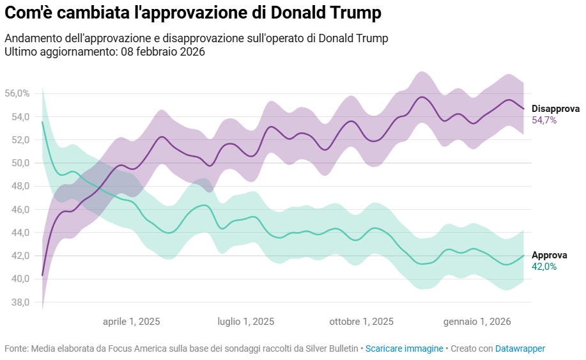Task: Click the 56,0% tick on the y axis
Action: (x=17, y=93)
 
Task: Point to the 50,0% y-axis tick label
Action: (x=17, y=163)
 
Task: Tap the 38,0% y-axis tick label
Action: (x=17, y=302)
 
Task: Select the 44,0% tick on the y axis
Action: (x=17, y=233)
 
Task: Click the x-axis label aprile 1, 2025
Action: (x=132, y=322)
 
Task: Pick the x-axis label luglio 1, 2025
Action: (x=246, y=322)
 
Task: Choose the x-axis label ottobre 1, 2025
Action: (x=362, y=322)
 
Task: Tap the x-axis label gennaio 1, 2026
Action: (x=477, y=322)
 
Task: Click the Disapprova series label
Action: (x=555, y=108)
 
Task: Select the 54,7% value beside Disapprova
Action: (x=544, y=120)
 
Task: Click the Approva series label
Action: (x=549, y=255)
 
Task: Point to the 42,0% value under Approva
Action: (x=544, y=267)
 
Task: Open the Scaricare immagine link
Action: (x=404, y=348)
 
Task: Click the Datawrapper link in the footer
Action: (x=520, y=348)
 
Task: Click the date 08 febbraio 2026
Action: (x=162, y=52)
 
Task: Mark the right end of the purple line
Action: (x=524, y=109)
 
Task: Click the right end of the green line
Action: (x=524, y=255)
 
